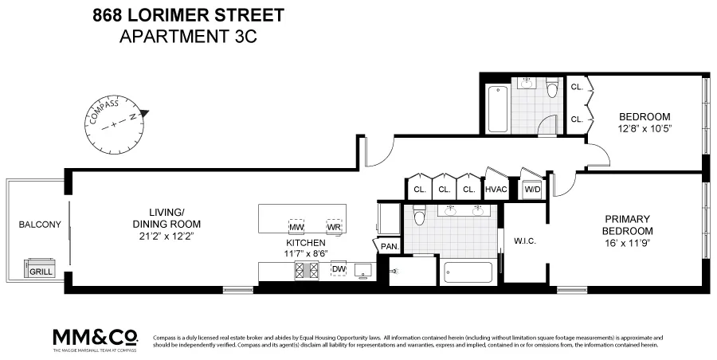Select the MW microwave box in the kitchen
(296, 227)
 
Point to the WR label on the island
(334, 227)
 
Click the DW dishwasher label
(339, 269)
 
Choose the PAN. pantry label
(390, 247)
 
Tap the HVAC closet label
(496, 190)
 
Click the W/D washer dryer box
(531, 190)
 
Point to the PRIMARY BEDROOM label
(627, 225)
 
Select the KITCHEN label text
(306, 243)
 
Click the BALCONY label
(39, 225)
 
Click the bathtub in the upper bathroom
(498, 109)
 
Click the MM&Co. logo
(95, 336)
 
